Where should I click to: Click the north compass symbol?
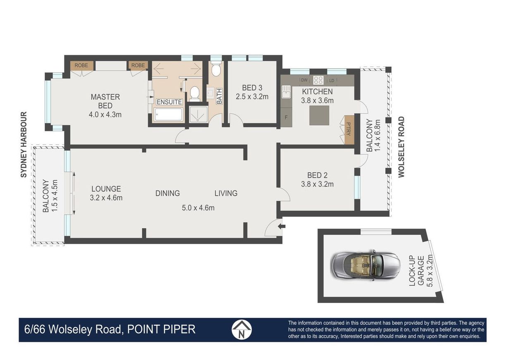(x=241, y=329)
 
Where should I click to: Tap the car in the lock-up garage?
(x=365, y=266)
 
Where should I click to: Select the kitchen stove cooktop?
(x=318, y=80)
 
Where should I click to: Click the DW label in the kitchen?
(x=304, y=80)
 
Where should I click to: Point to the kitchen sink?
(x=286, y=92)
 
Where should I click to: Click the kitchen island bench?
(x=319, y=115)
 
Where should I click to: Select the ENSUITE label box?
(x=169, y=102)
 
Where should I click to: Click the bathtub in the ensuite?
(x=169, y=114)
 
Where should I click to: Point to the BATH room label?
(x=219, y=96)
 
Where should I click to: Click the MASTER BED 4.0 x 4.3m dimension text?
(x=105, y=115)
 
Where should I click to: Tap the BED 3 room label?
(x=252, y=88)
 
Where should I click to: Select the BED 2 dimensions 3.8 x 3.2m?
(x=317, y=184)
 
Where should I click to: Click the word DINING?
(x=167, y=193)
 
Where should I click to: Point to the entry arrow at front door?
(x=282, y=226)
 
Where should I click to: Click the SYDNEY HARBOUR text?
(x=24, y=145)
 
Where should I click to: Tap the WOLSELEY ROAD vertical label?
(x=401, y=147)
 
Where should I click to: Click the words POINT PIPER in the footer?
(x=161, y=329)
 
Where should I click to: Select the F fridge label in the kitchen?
(x=286, y=117)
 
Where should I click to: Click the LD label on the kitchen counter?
(x=332, y=81)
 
